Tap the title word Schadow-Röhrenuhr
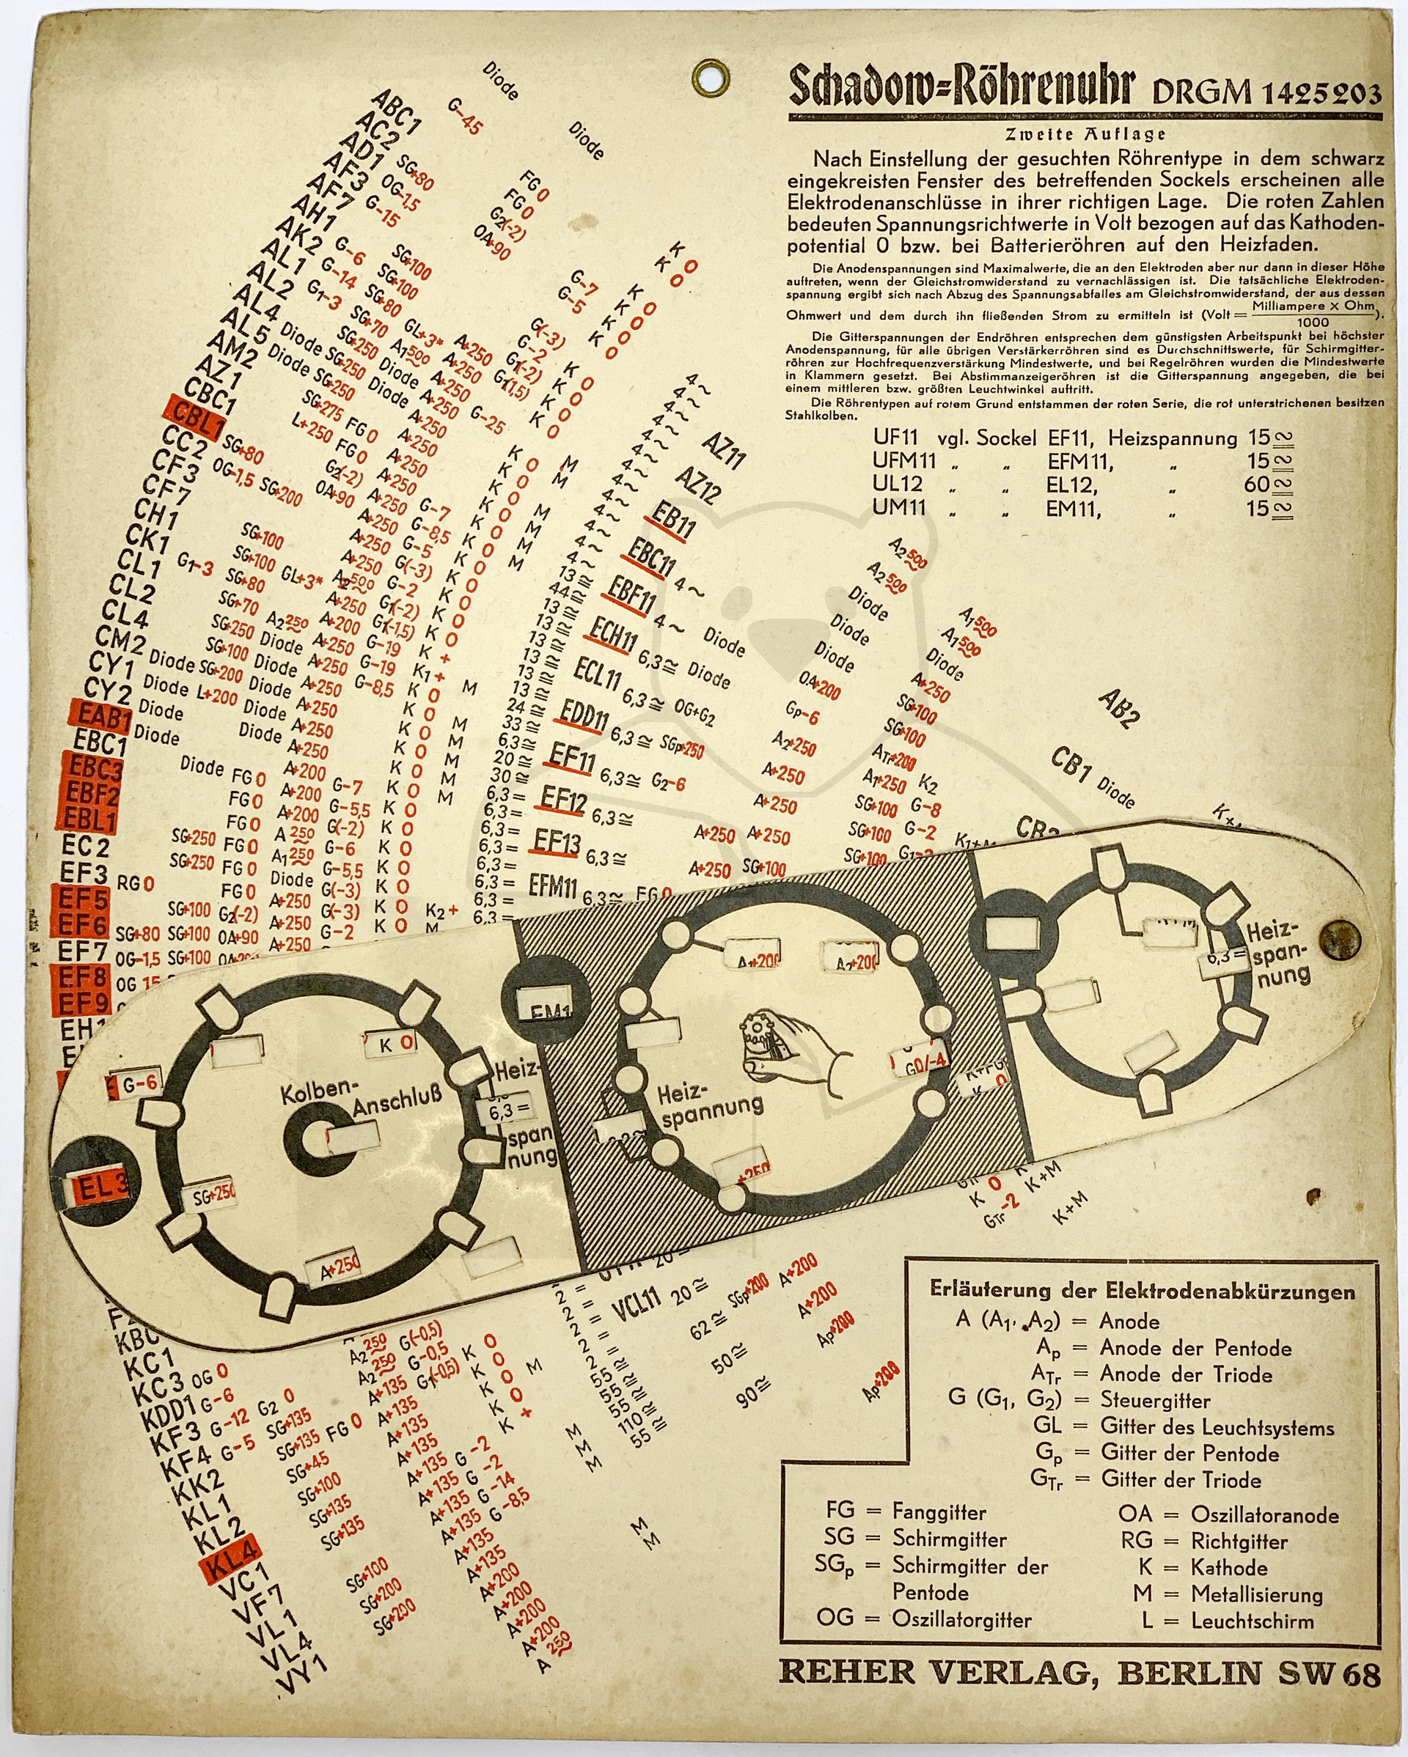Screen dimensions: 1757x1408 pos(961,89)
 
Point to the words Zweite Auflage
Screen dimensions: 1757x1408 pos(1085,134)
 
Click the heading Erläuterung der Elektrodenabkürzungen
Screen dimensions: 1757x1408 pos(1141,1290)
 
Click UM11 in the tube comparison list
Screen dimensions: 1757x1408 pos(898,508)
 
